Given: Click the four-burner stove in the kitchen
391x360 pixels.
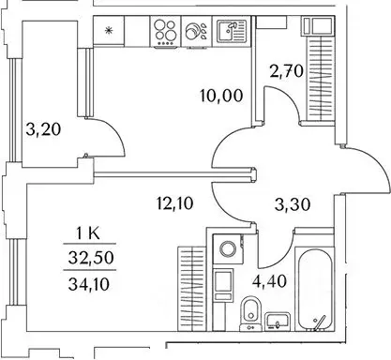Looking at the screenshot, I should (x=165, y=31).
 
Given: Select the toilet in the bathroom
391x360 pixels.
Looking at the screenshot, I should (x=248, y=315).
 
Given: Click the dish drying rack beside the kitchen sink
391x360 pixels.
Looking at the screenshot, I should (x=198, y=31).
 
